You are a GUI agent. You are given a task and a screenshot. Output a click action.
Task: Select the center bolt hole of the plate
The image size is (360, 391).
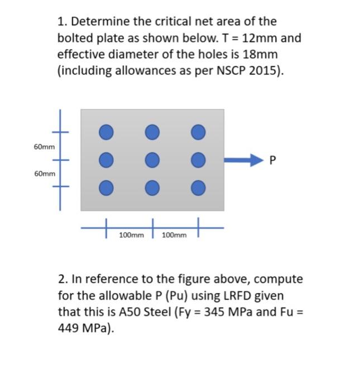151,160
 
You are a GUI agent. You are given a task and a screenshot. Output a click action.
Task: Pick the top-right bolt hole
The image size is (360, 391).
196,132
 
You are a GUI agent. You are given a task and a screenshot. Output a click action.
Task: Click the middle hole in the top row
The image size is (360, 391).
151,132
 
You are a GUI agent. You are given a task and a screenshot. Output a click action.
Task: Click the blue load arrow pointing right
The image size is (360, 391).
243,160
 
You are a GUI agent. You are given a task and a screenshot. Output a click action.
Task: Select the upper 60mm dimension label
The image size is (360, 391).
44,147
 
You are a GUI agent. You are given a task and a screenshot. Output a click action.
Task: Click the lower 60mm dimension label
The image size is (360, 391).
44,174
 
